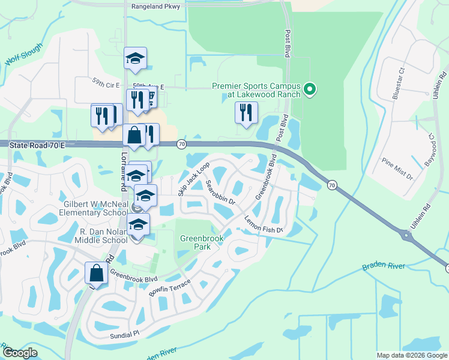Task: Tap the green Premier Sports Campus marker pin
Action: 310,89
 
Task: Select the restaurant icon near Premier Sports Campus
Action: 246,112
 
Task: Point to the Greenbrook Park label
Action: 202,242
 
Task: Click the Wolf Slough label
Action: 20,59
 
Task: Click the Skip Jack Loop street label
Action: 194,178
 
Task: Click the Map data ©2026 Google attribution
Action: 411,355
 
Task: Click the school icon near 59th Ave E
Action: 136,58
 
